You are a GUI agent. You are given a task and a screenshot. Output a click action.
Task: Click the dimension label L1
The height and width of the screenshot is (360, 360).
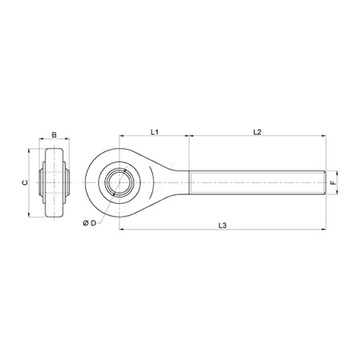pyautogui.click(x=155, y=131)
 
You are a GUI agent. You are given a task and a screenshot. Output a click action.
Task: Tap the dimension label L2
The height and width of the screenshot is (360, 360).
pyautogui.click(x=257, y=131)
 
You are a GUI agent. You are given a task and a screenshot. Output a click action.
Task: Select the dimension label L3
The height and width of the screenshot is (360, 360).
pyautogui.click(x=222, y=225)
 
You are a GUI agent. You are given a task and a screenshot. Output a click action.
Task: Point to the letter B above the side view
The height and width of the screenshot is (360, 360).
pyautogui.click(x=54, y=135)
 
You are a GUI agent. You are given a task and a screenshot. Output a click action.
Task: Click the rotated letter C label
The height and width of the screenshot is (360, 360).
pyautogui.click(x=25, y=182)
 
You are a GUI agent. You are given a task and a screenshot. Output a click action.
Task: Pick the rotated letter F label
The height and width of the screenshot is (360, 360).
pyautogui.click(x=332, y=182)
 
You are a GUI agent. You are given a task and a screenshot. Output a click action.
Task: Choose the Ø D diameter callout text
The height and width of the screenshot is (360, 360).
pyautogui.click(x=89, y=223)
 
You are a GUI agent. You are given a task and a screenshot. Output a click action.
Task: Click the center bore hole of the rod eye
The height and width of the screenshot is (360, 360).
pyautogui.click(x=119, y=182)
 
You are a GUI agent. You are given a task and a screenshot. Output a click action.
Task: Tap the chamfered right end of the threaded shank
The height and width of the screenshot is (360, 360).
pyautogui.click(x=324, y=182)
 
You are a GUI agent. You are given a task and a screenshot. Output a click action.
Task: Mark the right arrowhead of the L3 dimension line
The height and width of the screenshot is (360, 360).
pyautogui.click(x=323, y=229)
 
